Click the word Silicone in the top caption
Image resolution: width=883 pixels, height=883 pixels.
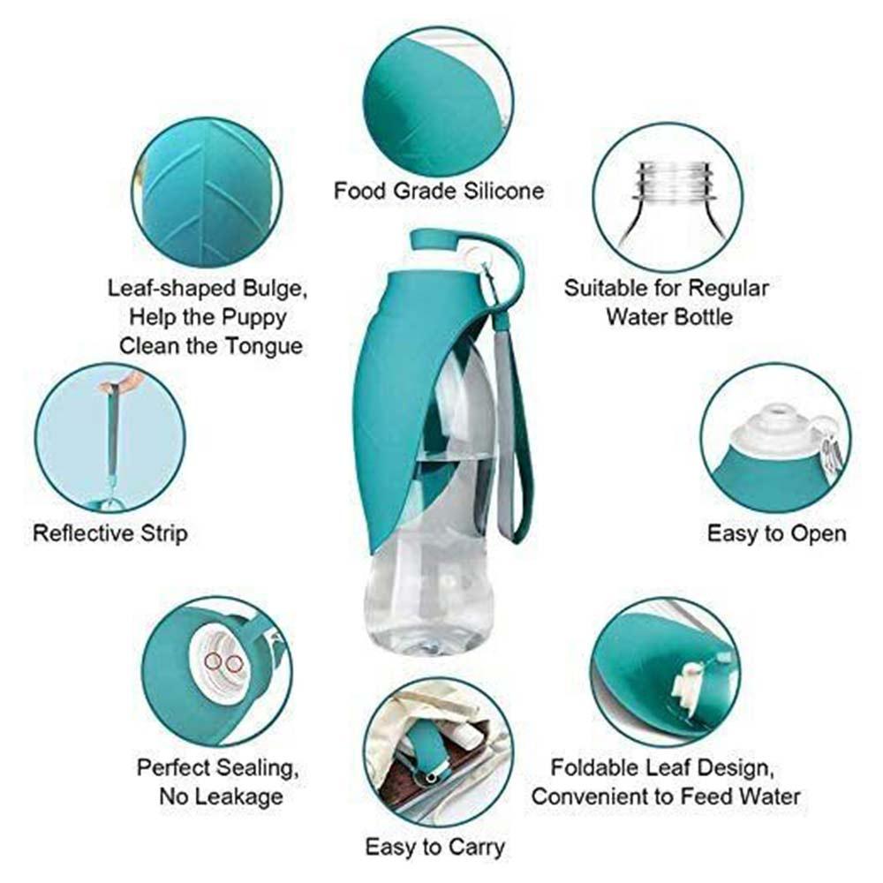pyautogui.click(x=504, y=191)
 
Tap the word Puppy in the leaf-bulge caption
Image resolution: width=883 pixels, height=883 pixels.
pyautogui.click(x=254, y=317)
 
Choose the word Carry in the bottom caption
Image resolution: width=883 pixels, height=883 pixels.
pyautogui.click(x=477, y=847)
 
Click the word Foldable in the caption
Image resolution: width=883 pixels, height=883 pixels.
pyautogui.click(x=593, y=767)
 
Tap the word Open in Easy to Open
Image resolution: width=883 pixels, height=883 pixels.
pyautogui.click(x=820, y=533)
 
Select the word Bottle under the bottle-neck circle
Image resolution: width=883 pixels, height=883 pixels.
pyautogui.click(x=700, y=316)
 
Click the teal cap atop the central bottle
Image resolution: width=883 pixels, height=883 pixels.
pyautogui.click(x=434, y=240)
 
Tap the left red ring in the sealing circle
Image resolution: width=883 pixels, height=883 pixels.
pyautogui.click(x=214, y=661)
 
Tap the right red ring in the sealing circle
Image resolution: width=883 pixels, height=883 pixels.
pyautogui.click(x=232, y=665)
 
